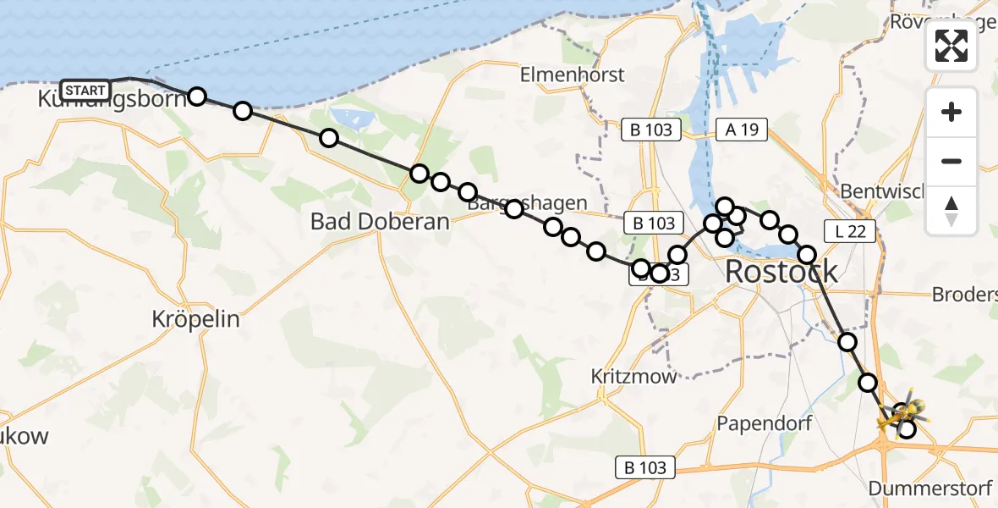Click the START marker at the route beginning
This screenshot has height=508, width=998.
tap(85, 90)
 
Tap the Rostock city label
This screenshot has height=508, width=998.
tap(781, 272)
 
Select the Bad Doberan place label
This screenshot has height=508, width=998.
tap(380, 222)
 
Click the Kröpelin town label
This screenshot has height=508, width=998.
tap(195, 319)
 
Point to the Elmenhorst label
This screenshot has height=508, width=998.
tap(573, 74)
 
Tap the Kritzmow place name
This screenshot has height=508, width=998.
tap(634, 376)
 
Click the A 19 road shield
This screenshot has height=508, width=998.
tap(742, 130)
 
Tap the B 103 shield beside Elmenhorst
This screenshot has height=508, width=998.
tap(651, 130)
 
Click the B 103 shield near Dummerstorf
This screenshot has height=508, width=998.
tap(646, 467)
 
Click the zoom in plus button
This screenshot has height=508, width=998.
tap(951, 112)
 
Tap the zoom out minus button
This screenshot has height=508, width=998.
tap(951, 161)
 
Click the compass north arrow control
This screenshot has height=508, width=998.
tap(951, 210)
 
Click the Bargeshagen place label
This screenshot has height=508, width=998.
tap(527, 203)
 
